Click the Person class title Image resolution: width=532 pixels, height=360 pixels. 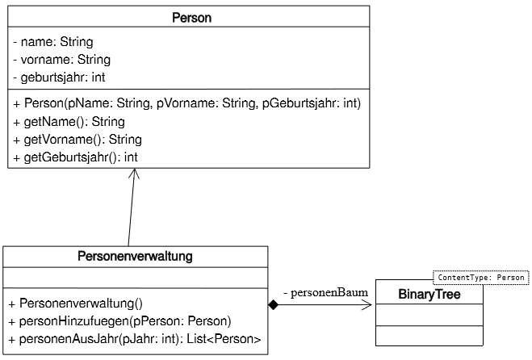[x=191, y=18]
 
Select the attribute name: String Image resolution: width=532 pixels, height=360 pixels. [x=53, y=42]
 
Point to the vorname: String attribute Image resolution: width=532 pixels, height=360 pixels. [x=61, y=60]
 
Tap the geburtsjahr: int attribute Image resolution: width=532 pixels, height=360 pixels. [x=59, y=77]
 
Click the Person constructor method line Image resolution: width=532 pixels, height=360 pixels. [x=187, y=103]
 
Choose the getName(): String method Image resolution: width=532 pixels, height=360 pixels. [x=69, y=121]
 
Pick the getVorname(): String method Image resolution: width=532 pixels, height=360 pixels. [x=77, y=140]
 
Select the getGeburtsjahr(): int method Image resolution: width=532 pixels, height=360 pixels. [x=75, y=157]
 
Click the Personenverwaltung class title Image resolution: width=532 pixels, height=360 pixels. [x=135, y=256]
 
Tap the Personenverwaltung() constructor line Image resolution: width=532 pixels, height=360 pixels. [x=76, y=303]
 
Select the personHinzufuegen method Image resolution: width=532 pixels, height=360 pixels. [x=119, y=321]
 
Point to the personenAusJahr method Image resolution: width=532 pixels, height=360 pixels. [x=135, y=339]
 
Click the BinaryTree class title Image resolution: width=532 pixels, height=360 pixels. [x=429, y=294]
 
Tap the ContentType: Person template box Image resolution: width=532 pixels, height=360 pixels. [x=481, y=278]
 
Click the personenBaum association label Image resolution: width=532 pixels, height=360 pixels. [x=325, y=292]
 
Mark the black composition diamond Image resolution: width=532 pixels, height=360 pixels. [x=273, y=304]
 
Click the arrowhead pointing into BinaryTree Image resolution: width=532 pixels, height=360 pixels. [x=367, y=304]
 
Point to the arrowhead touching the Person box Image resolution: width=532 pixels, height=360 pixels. [x=134, y=173]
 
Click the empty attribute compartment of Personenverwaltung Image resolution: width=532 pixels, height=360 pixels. [x=136, y=278]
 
